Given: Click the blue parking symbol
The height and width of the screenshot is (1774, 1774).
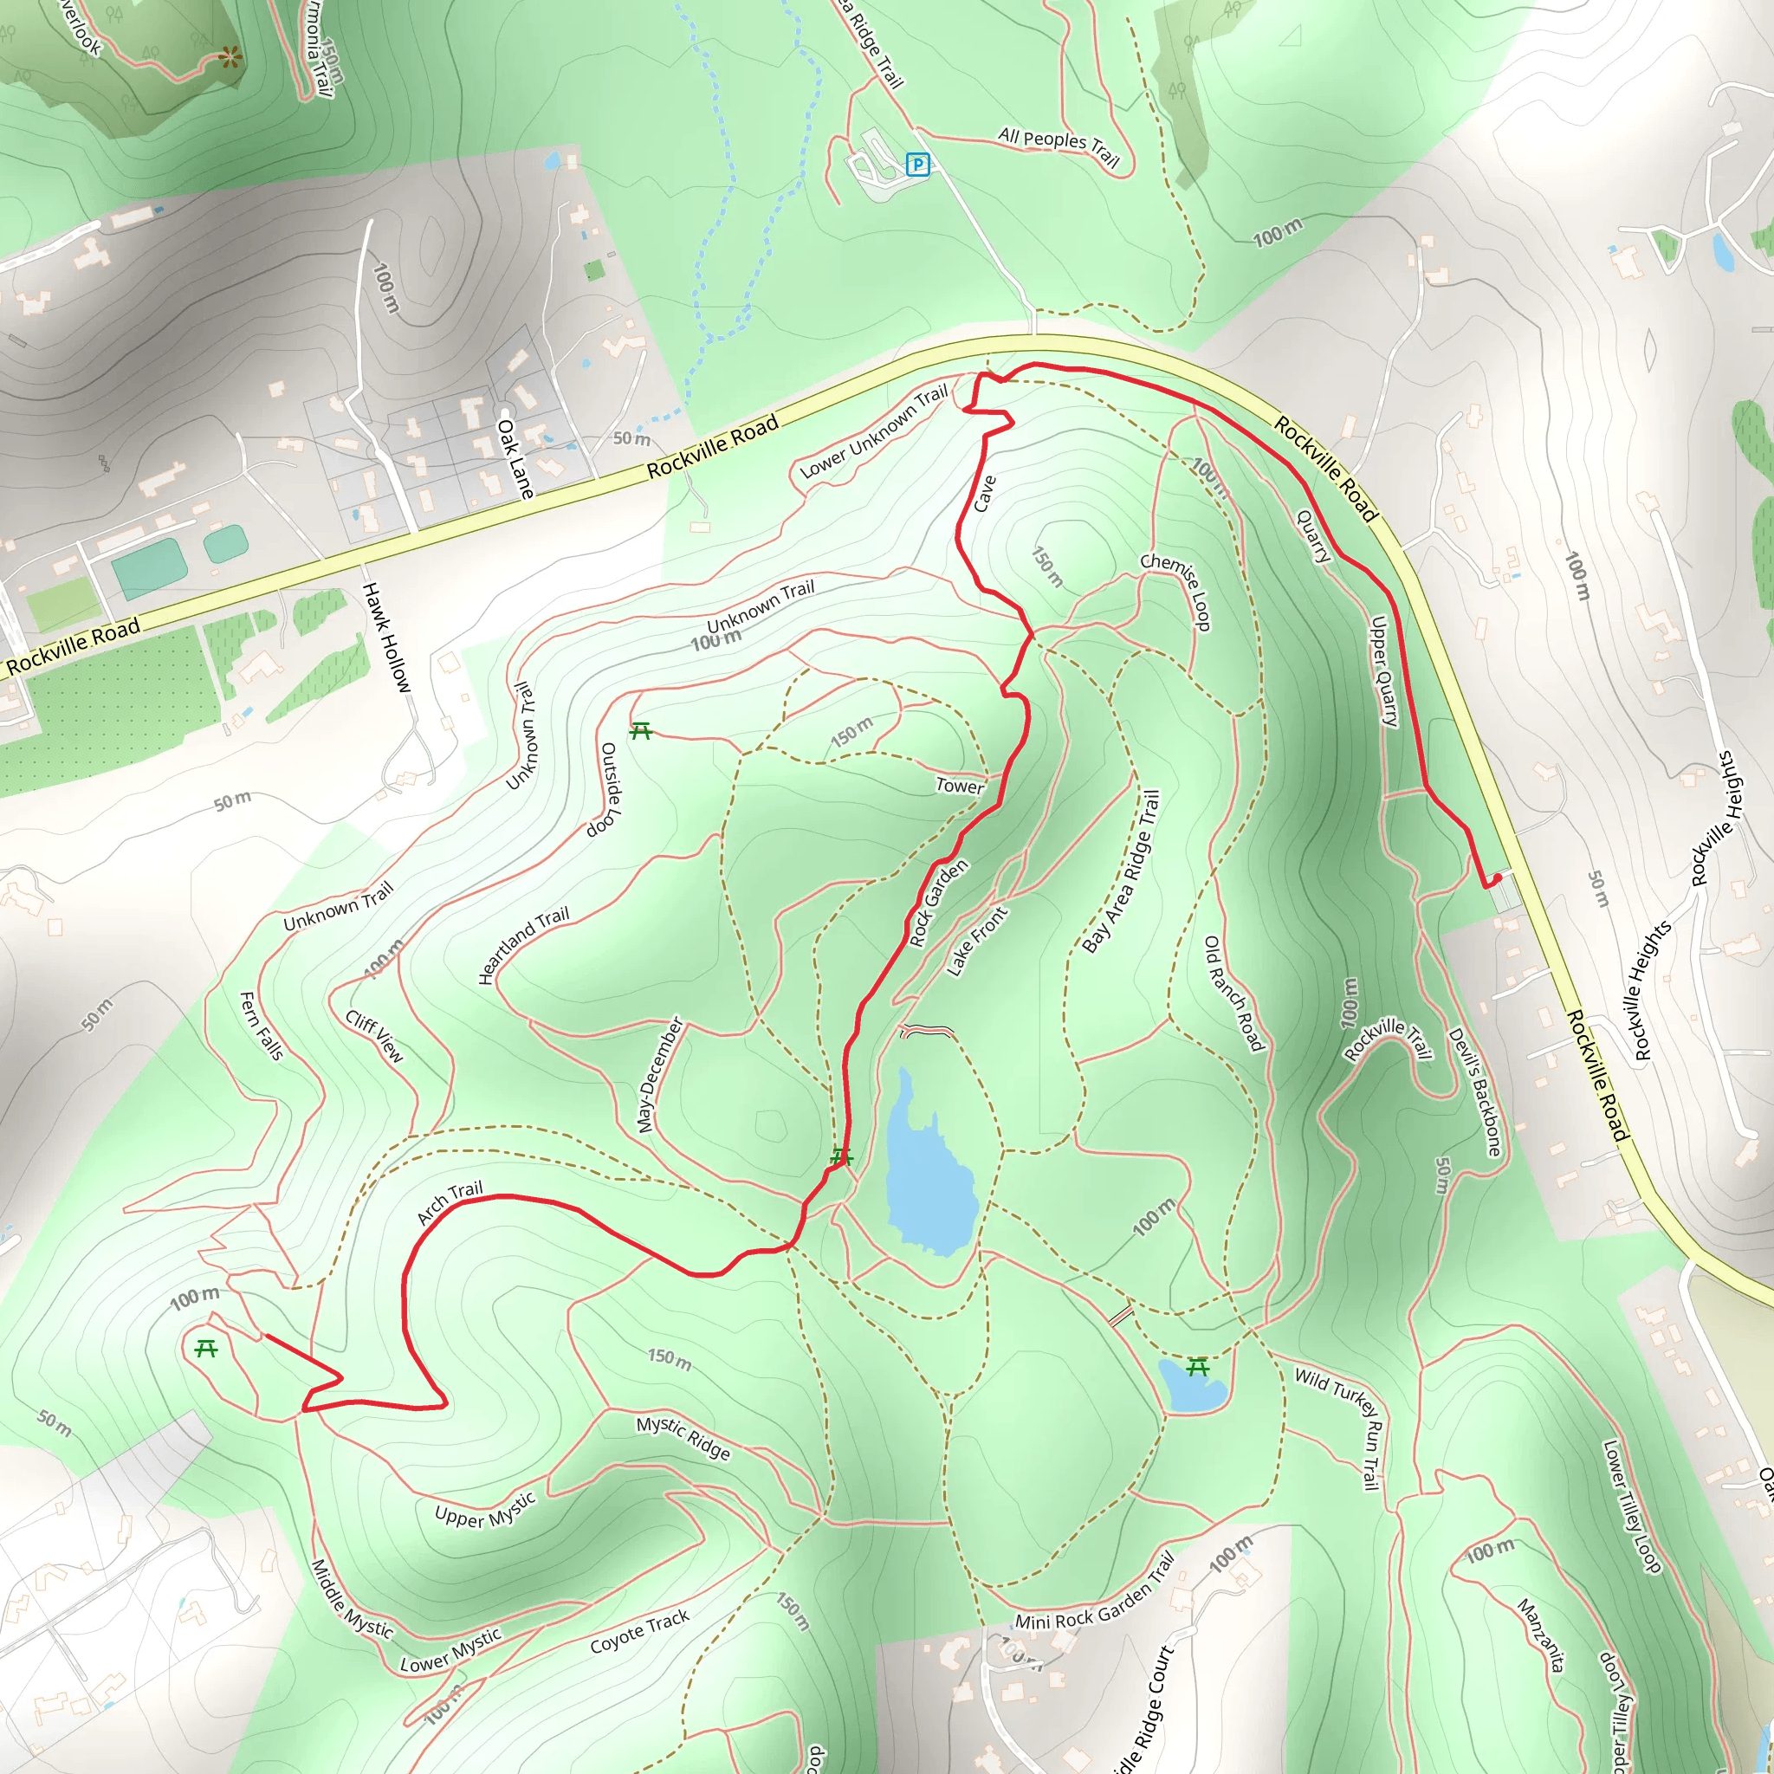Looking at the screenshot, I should [917, 165].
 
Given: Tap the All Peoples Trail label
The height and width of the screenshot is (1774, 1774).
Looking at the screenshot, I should [1059, 147].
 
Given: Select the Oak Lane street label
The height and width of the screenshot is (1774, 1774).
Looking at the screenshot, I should [515, 458].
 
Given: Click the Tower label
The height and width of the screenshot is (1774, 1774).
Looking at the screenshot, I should [960, 785].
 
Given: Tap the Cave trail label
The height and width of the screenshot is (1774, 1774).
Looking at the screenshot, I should [984, 493].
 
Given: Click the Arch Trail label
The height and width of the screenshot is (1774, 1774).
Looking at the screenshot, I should [450, 1203].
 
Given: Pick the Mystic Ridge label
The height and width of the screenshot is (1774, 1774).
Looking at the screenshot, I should [684, 1437].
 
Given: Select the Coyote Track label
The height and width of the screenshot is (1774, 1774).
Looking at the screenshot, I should [639, 1632].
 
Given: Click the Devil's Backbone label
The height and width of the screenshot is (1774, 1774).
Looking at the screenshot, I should [1474, 1091].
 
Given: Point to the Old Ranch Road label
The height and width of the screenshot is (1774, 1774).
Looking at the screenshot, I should [1234, 994].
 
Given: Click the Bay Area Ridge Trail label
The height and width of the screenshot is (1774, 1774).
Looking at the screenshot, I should [1121, 872].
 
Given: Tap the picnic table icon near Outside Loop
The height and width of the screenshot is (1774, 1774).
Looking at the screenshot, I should [641, 731].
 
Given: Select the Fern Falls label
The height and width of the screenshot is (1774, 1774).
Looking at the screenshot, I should [261, 1025].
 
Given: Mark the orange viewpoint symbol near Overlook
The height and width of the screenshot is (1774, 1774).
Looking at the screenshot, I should [230, 60].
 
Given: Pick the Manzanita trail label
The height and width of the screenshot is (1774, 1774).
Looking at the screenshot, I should [1541, 1635].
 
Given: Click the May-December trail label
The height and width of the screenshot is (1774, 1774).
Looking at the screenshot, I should [660, 1075].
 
